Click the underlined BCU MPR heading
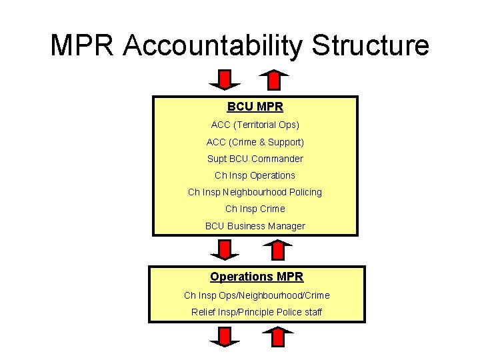coord(255,107)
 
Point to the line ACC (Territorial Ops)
coord(255,125)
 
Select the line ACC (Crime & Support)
coord(255,142)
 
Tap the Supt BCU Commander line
coord(255,159)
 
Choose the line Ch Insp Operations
coord(255,175)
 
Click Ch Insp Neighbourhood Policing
coord(255,192)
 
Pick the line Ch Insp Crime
coord(255,209)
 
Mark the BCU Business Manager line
coord(255,226)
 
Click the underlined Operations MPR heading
coord(257,277)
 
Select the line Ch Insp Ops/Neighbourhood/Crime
coord(257,295)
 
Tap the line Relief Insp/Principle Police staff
coord(257,311)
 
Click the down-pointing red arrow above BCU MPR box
coord(224,80)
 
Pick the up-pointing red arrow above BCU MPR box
coord(273,80)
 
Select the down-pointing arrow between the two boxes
coord(224,250)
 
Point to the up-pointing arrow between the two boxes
coord(273,250)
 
